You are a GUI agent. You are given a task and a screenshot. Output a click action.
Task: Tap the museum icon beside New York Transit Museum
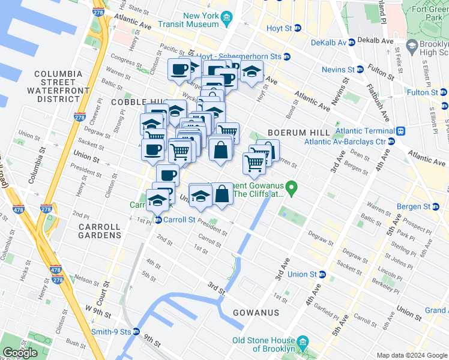[226, 20]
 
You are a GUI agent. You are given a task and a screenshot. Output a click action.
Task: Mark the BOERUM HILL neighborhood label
[298, 132]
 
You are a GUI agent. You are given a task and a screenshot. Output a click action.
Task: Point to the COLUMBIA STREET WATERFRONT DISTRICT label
[58, 86]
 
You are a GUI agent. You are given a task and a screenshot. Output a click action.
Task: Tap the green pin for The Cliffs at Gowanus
[292, 188]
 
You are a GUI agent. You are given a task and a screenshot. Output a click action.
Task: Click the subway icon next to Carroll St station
[157, 220]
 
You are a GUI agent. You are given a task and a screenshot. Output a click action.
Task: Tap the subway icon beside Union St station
[322, 275]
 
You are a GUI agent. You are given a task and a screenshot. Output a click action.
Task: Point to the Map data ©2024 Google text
[412, 355]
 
